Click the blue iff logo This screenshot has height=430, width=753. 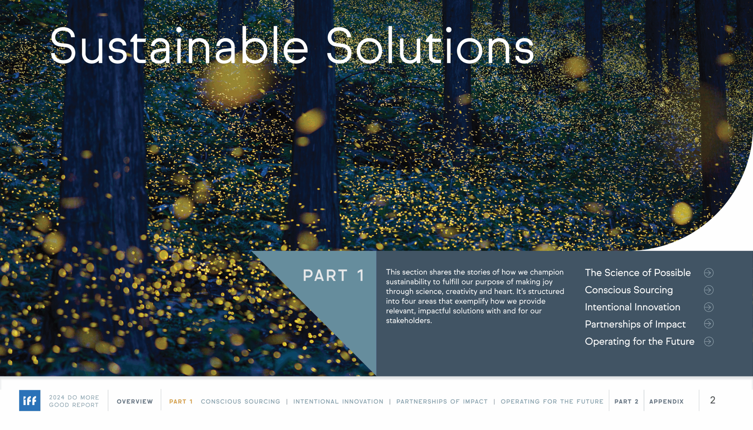29,401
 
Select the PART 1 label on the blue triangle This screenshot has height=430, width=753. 333,275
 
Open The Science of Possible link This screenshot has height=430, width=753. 638,272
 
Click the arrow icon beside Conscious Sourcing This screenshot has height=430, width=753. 709,290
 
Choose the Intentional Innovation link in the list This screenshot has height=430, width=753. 632,307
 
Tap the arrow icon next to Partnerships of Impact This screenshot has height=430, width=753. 709,324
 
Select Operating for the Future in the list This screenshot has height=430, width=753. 639,342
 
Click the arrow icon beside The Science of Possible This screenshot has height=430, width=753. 709,273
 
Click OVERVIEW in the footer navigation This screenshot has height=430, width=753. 135,402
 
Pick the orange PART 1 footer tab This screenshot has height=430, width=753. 181,402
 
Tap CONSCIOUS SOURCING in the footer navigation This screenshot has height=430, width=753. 241,402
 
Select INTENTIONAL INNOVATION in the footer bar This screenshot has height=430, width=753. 338,402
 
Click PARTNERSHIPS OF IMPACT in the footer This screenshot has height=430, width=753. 442,402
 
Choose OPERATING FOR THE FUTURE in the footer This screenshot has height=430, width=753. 552,402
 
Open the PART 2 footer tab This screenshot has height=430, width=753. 627,402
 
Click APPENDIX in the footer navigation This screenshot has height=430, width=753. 667,402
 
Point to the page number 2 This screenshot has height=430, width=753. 712,401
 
